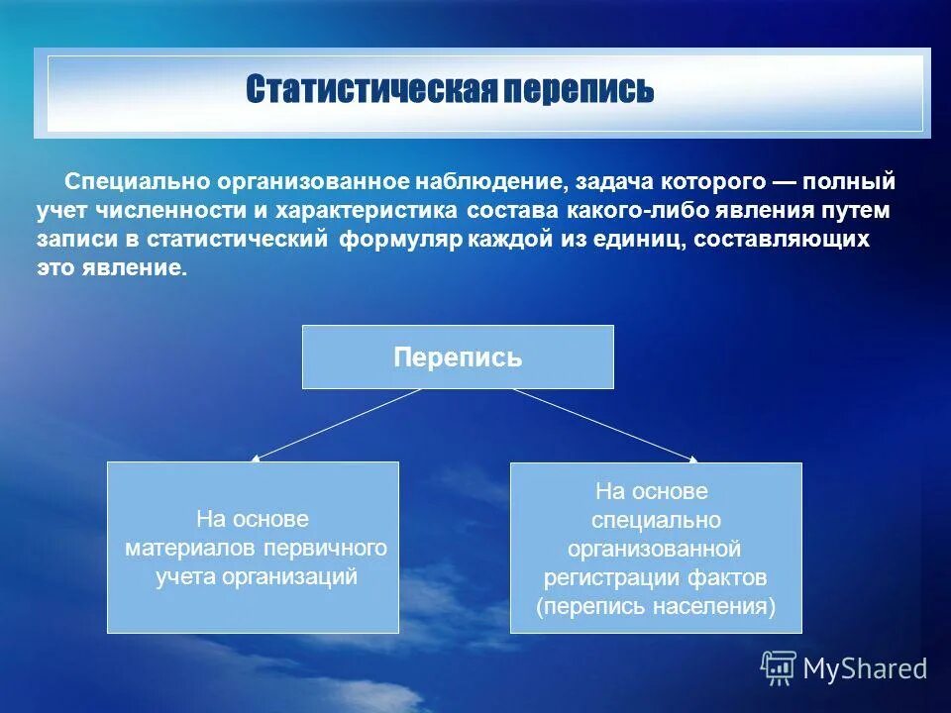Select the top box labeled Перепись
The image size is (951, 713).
click(458, 357)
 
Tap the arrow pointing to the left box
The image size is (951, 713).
click(337, 424)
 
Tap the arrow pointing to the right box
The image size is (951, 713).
click(605, 424)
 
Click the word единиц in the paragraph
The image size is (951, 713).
click(631, 240)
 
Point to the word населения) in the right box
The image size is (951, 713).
click(713, 606)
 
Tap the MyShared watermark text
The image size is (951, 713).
click(865, 668)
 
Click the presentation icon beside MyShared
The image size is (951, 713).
click(779, 667)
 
